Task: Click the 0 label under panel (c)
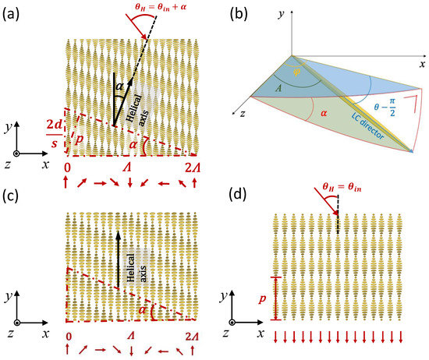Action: pos(69,334)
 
